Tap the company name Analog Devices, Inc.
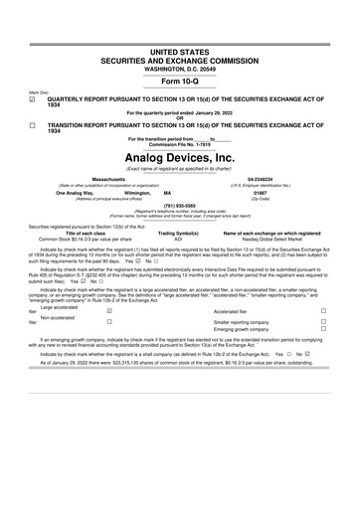(x=179, y=157)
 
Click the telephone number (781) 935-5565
(x=179, y=206)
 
